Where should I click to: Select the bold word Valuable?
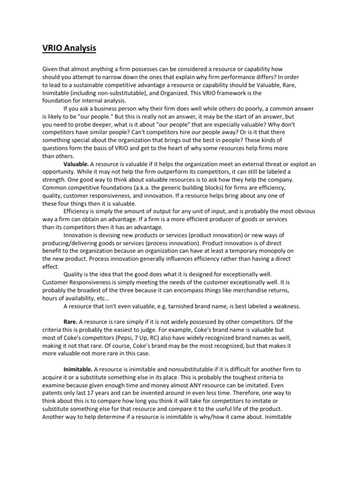tap(77, 164)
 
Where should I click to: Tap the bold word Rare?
tap(71, 322)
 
